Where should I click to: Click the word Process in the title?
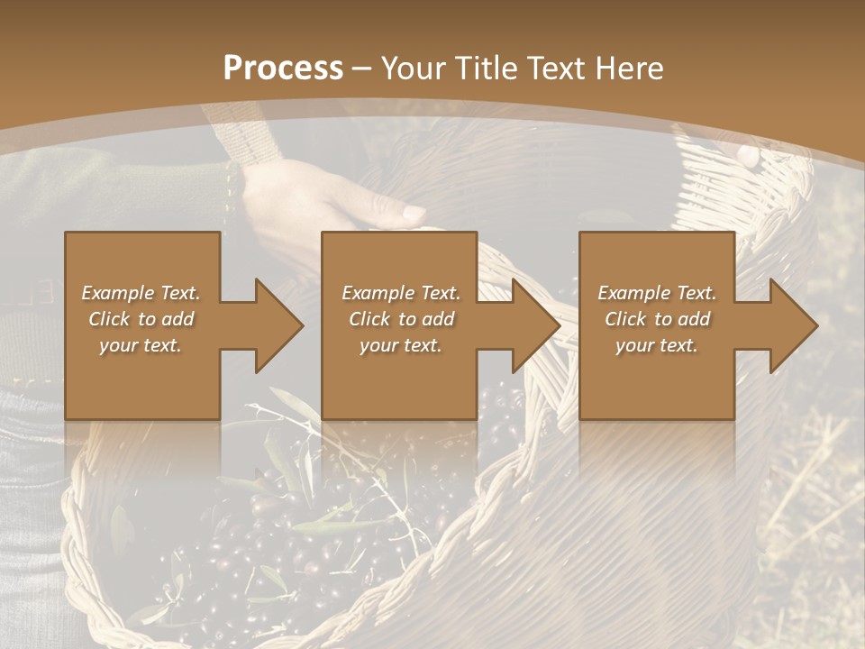[x=283, y=69]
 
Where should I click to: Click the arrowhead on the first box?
[x=276, y=325]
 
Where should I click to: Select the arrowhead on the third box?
[x=791, y=325]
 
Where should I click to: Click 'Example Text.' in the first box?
[x=141, y=293]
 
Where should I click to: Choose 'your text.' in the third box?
[x=657, y=345]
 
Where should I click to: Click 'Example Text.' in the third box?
[x=657, y=293]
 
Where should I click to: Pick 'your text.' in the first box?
[x=141, y=345]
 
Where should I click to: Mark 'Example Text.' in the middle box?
[x=401, y=293]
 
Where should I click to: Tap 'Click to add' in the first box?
[x=141, y=319]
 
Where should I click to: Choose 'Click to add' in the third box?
[x=657, y=319]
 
